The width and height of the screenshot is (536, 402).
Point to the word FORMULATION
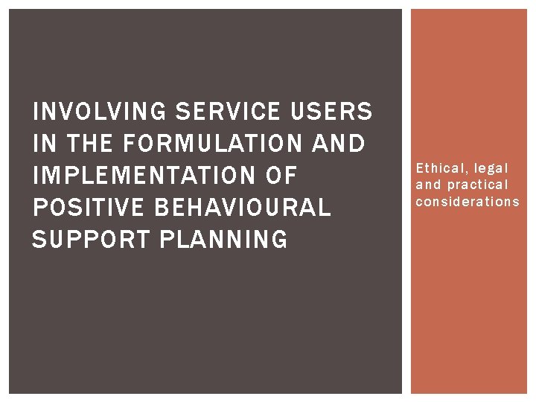pyautogui.click(x=212, y=144)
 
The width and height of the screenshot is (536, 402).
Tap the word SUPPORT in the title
pyautogui.click(x=84, y=240)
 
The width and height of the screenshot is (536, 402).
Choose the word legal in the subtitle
pyautogui.click(x=491, y=168)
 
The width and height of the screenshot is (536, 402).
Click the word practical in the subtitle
pyautogui.click(x=477, y=185)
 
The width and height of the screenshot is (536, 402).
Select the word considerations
pyautogui.click(x=468, y=201)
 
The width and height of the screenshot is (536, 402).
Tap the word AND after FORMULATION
pyautogui.click(x=339, y=144)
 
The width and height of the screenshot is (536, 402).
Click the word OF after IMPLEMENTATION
pyautogui.click(x=280, y=176)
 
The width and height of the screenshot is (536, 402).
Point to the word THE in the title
pyautogui.click(x=83, y=144)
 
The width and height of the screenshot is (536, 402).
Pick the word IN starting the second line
pyautogui.click(x=41, y=144)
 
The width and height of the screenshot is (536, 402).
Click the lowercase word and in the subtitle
pyautogui.click(x=428, y=185)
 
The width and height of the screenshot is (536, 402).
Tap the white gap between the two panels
pyautogui.click(x=406, y=201)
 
